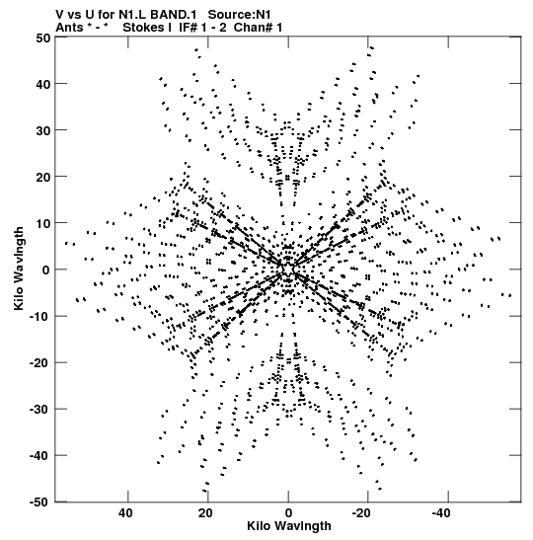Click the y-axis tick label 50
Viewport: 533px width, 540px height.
click(x=42, y=38)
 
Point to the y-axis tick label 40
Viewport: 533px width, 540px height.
click(x=42, y=84)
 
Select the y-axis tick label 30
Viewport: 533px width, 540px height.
click(x=42, y=130)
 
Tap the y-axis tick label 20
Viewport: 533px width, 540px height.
click(x=42, y=177)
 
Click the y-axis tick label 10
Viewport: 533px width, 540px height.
click(x=42, y=223)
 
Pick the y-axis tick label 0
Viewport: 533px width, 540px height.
click(x=46, y=270)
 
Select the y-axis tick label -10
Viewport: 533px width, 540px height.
click(x=39, y=317)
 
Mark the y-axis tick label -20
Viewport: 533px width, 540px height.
click(x=39, y=363)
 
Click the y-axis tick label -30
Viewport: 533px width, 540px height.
click(x=39, y=410)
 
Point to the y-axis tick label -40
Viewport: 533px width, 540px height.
click(x=39, y=456)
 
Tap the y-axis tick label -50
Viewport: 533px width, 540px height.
click(x=39, y=502)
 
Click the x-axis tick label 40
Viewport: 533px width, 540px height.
click(x=125, y=513)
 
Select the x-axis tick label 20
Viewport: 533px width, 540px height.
click(x=205, y=513)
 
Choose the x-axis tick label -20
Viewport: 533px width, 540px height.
click(x=361, y=513)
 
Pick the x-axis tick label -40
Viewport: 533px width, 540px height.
click(x=441, y=513)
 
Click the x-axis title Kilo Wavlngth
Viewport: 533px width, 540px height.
click(x=289, y=526)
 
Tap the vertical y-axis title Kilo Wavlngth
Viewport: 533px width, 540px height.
click(x=19, y=269)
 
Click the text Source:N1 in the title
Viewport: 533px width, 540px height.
click(x=240, y=15)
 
